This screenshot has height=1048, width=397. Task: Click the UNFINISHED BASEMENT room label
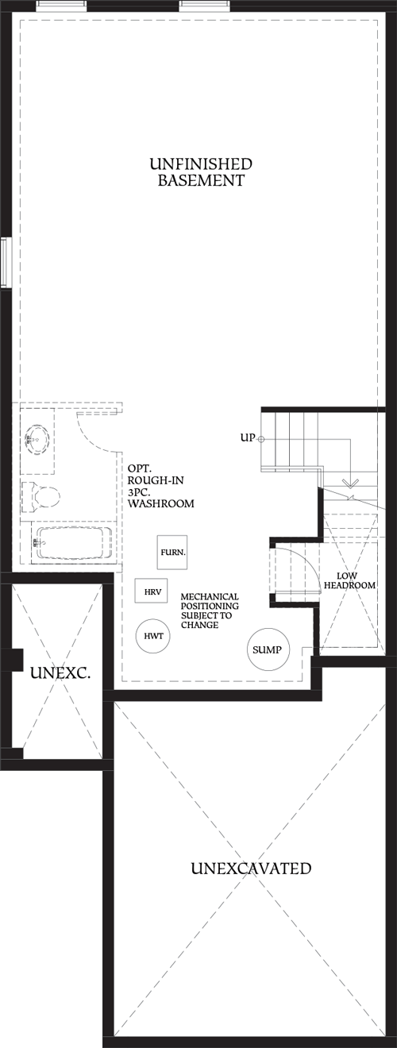pos(200,172)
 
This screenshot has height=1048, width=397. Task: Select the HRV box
pos(151,591)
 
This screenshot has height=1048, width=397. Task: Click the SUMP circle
pos(268,649)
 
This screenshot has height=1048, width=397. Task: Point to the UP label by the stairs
pos(246,437)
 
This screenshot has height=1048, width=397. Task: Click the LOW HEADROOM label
pos(349,580)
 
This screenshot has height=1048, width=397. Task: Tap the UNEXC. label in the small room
pos(60,674)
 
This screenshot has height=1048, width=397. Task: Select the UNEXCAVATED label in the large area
pos(251,869)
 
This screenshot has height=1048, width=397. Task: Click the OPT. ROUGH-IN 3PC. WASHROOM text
pos(160,487)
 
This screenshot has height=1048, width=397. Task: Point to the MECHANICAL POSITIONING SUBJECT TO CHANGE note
pos(210,611)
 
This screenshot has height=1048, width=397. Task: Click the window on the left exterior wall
pos(4,263)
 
